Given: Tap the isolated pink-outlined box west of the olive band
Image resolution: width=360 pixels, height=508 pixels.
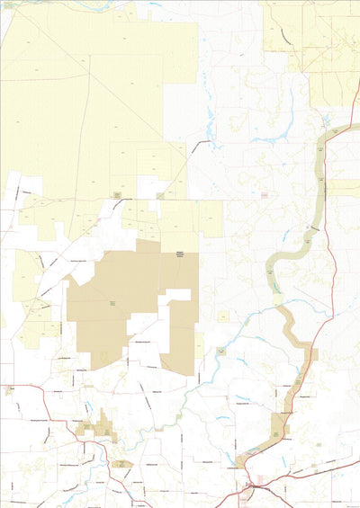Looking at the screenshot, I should (x=265, y=195).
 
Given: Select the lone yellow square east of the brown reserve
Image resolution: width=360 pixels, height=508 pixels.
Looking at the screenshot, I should (x=222, y=316).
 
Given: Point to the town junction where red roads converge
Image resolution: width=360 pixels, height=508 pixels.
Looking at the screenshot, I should (x=251, y=486).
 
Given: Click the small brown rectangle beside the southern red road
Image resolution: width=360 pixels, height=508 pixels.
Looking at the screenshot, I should (x=121, y=464).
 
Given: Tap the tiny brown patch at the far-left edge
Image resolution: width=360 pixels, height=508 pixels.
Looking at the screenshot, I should (x=8, y=391).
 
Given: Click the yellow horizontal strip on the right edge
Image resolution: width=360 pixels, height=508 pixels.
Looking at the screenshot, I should (x=345, y=188).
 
